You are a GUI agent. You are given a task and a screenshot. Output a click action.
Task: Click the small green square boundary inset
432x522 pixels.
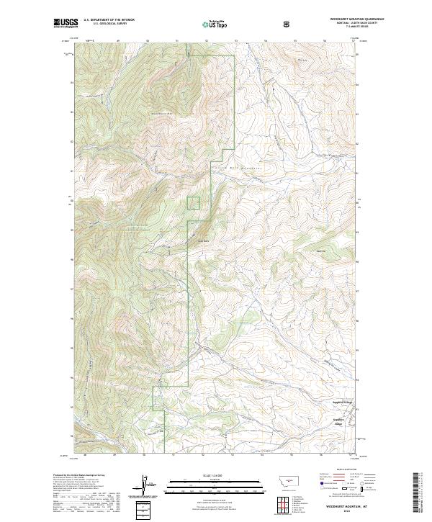[x=194, y=203]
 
